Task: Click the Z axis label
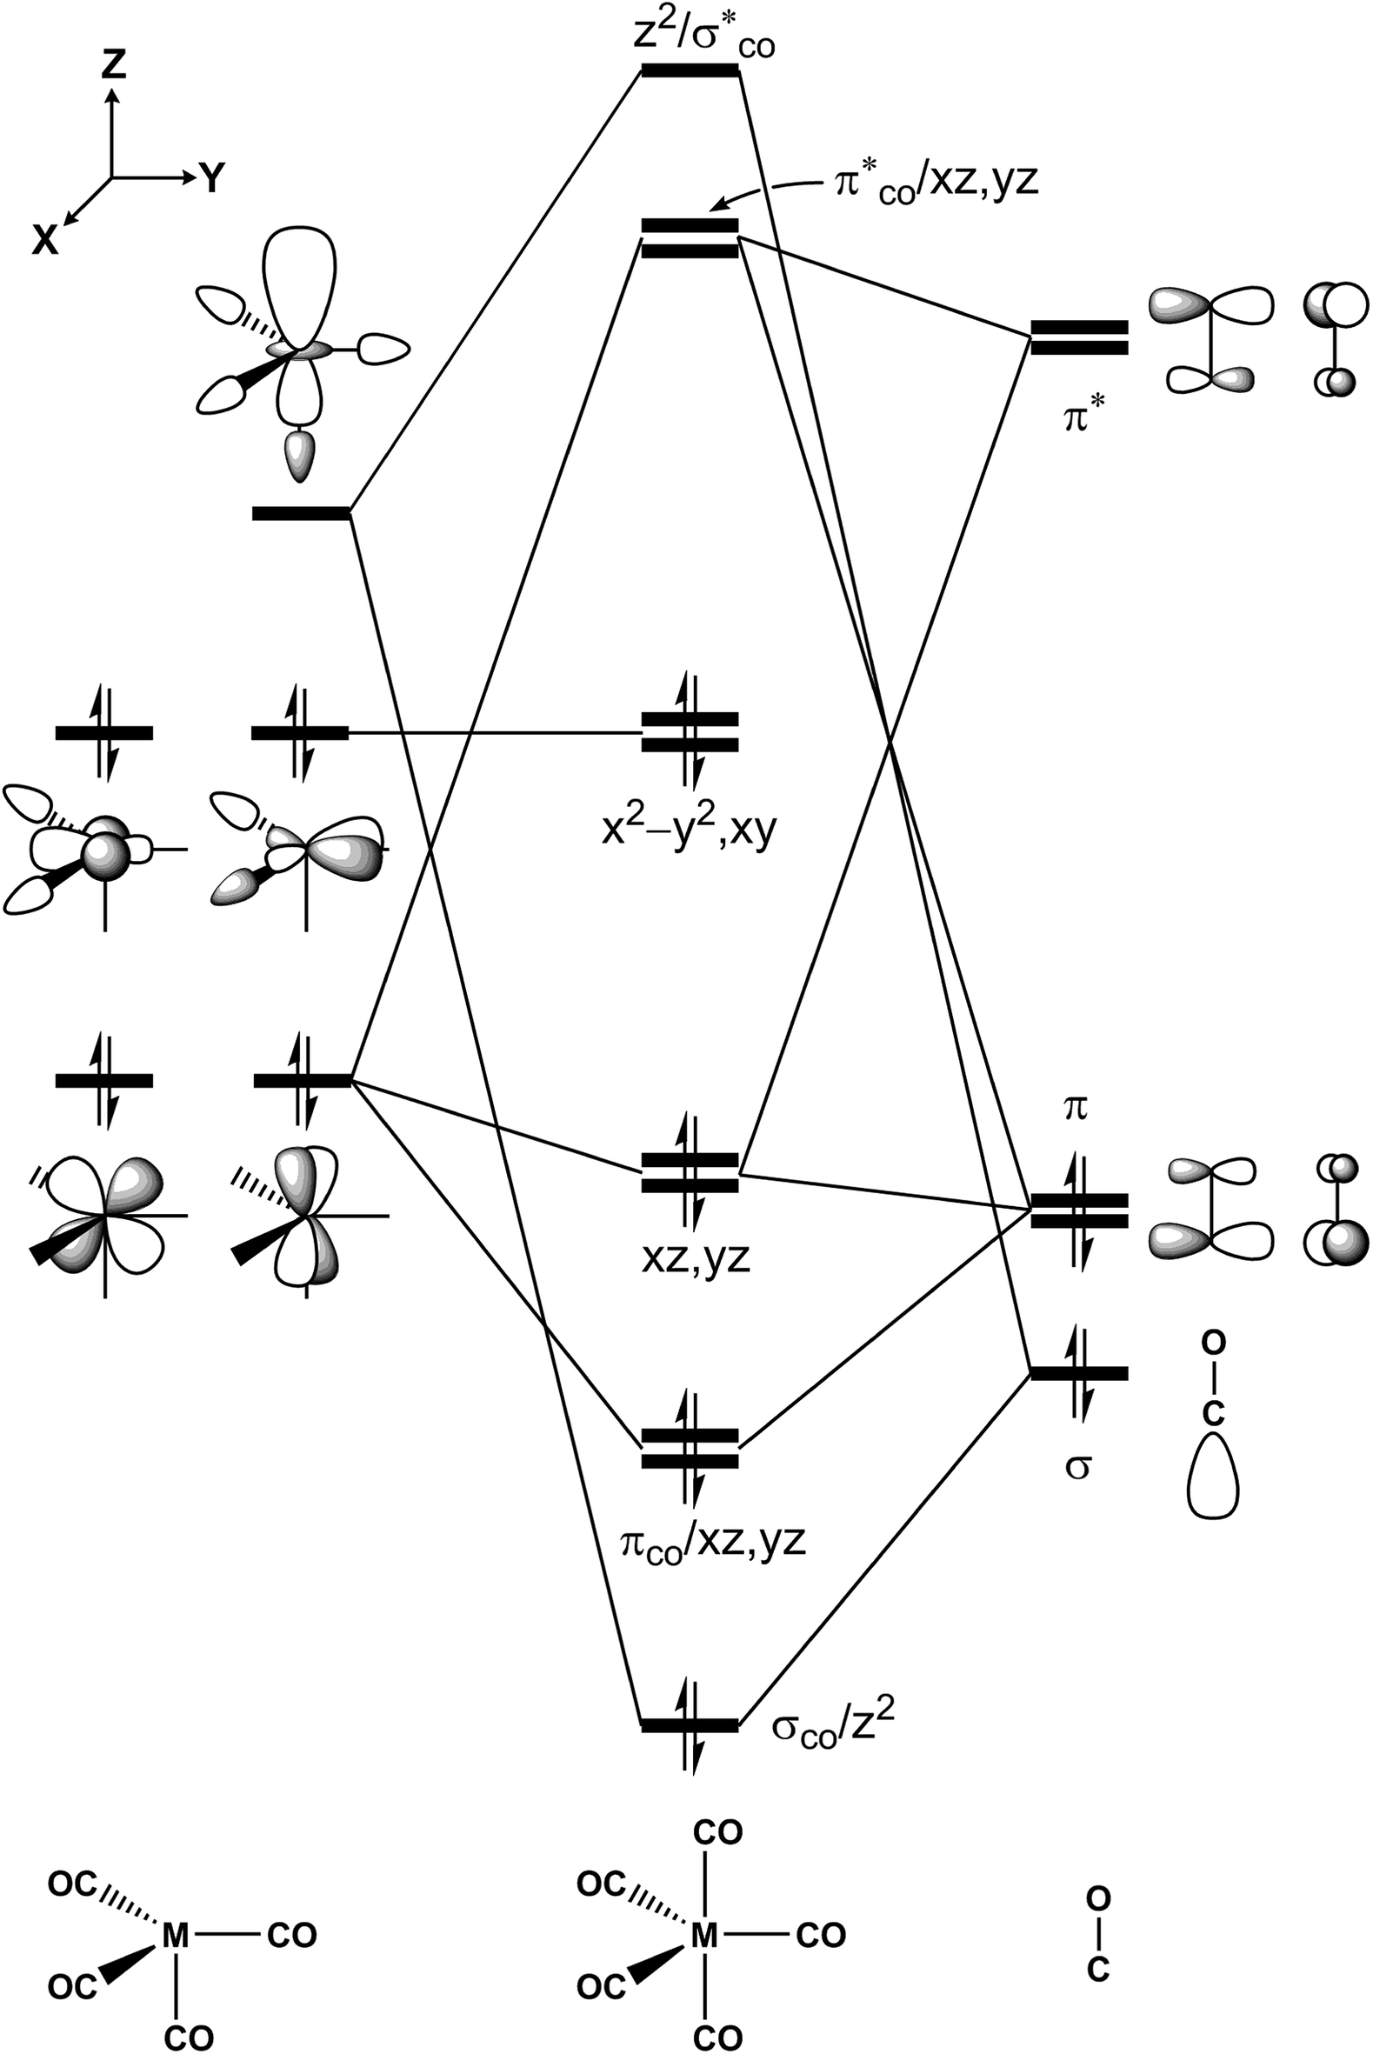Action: [x=112, y=63]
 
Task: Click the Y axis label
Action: [x=213, y=178]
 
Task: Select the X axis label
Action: [x=45, y=239]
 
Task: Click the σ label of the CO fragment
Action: [x=1077, y=1465]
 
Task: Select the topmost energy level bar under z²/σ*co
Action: [x=690, y=71]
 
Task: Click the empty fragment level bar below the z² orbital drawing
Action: [x=300, y=513]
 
